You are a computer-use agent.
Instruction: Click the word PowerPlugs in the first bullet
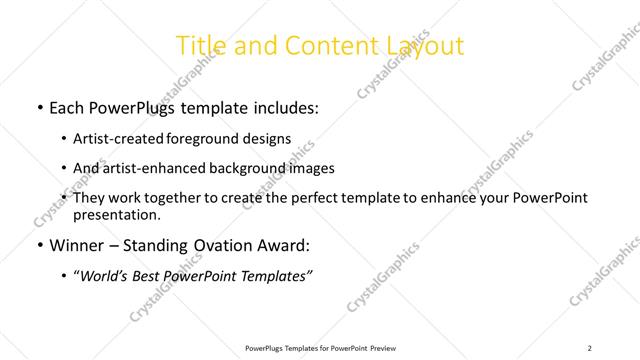[137, 107]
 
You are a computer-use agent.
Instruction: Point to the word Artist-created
[121, 139]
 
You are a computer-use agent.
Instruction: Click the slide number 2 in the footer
[590, 348]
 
